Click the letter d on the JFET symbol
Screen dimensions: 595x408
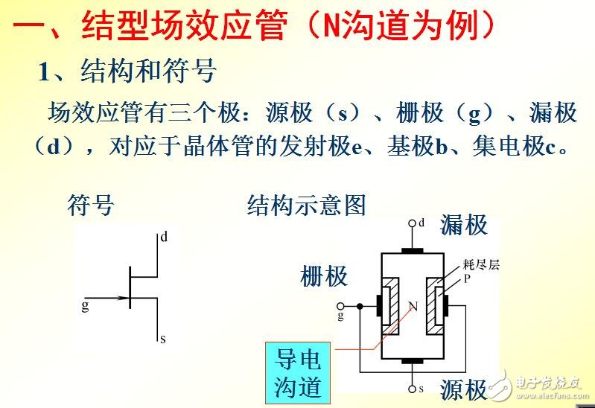tap(164, 238)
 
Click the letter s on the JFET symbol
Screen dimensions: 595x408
tap(163, 339)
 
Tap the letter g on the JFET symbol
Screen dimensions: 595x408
tap(86, 306)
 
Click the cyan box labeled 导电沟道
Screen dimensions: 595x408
tap(298, 373)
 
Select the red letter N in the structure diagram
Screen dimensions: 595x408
tap(413, 306)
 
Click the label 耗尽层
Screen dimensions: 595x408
tap(481, 264)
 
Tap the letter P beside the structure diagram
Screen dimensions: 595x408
tap(467, 279)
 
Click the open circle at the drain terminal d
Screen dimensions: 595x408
tap(413, 223)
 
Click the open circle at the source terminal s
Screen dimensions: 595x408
tap(413, 389)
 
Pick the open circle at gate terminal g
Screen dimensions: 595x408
tap(340, 306)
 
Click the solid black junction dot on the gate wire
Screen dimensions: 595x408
tap(360, 306)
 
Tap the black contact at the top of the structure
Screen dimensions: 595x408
tap(413, 251)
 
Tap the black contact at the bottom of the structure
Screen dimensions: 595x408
tap(413, 361)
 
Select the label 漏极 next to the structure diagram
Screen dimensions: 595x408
tap(464, 225)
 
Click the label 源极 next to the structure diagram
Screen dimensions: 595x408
tap(464, 390)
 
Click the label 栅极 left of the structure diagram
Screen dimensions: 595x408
tap(324, 276)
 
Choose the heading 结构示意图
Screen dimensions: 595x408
tap(307, 205)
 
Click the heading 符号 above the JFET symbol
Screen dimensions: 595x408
tap(91, 205)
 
